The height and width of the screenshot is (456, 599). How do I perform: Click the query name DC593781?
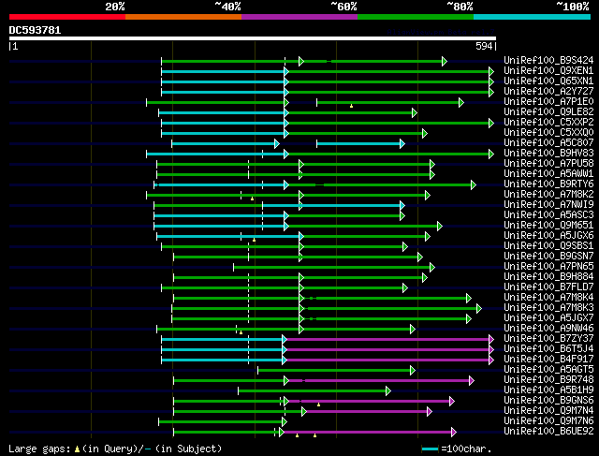(x=36, y=30)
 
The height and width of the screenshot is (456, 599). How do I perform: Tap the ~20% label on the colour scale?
(x=115, y=7)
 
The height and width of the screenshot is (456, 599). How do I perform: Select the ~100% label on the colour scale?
(x=572, y=7)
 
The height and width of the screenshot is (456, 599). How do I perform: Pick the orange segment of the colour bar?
(x=183, y=16)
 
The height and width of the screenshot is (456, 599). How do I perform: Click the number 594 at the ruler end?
(x=485, y=46)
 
